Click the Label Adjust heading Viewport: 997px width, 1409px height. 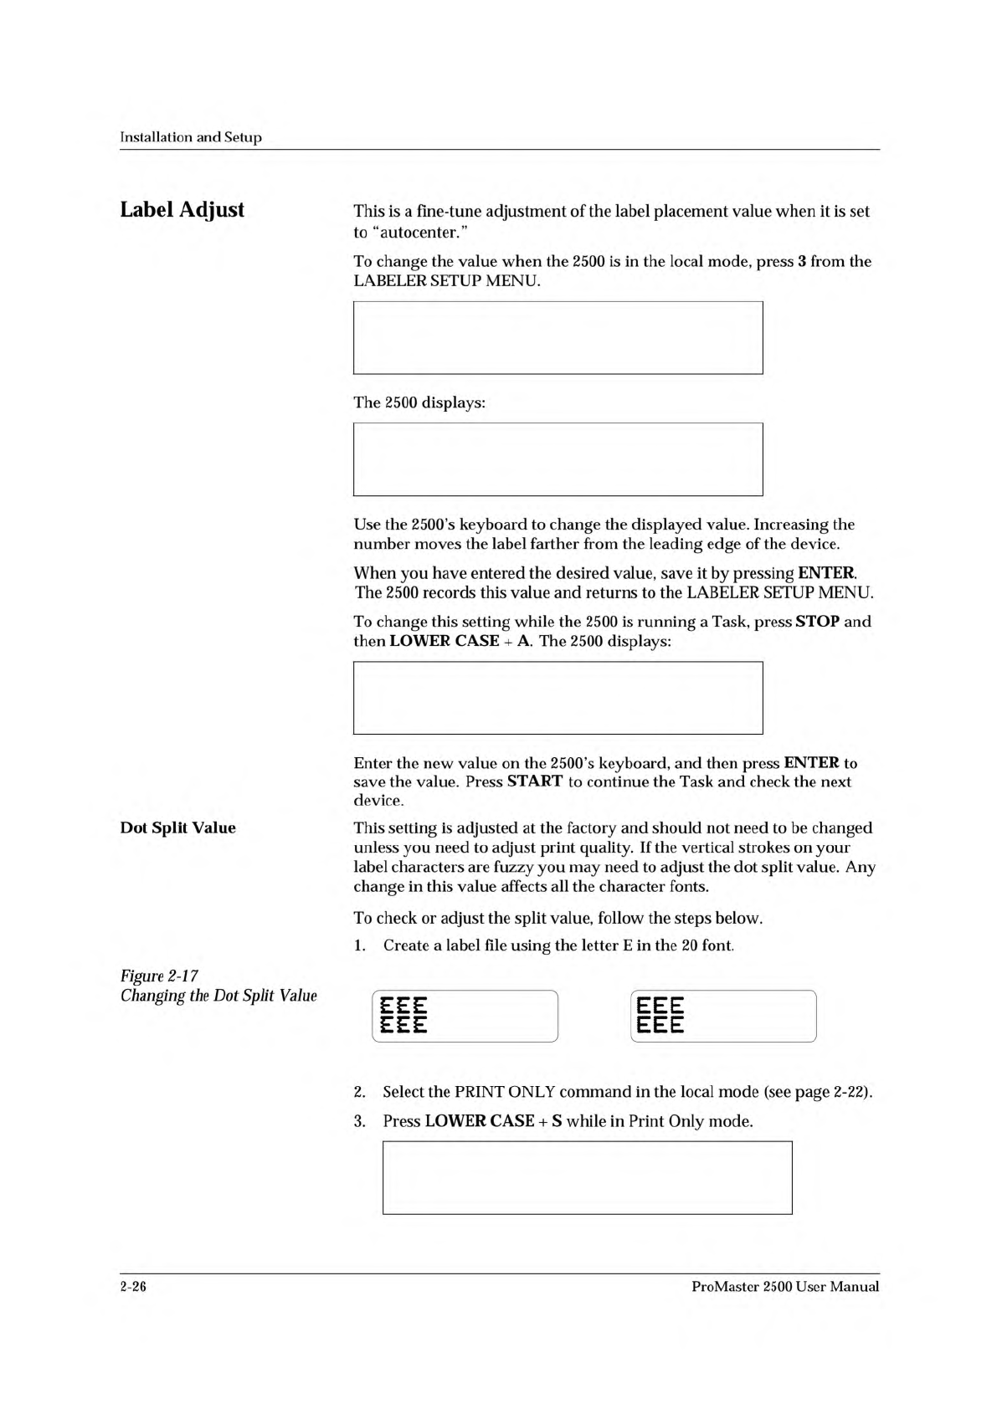tap(182, 209)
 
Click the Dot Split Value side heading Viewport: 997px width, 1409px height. tap(177, 827)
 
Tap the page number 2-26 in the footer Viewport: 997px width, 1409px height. tap(133, 1287)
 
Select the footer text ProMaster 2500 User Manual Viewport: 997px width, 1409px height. tap(785, 1287)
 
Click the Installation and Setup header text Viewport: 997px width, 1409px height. tap(191, 137)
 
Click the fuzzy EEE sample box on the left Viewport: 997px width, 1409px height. tap(465, 1016)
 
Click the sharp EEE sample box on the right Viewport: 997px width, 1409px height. tap(722, 1016)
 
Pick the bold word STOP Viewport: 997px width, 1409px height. tap(817, 622)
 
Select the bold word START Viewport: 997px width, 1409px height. tap(534, 781)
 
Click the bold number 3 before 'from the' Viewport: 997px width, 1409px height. tap(802, 261)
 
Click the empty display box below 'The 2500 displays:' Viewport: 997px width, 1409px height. tap(558, 459)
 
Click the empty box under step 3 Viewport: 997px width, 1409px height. tap(587, 1177)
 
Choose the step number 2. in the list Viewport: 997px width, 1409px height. tap(359, 1092)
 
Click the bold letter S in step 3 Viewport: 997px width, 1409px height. tap(557, 1121)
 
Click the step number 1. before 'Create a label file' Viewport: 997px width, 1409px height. tap(359, 945)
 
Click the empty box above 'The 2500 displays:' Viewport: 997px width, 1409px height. tap(558, 338)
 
